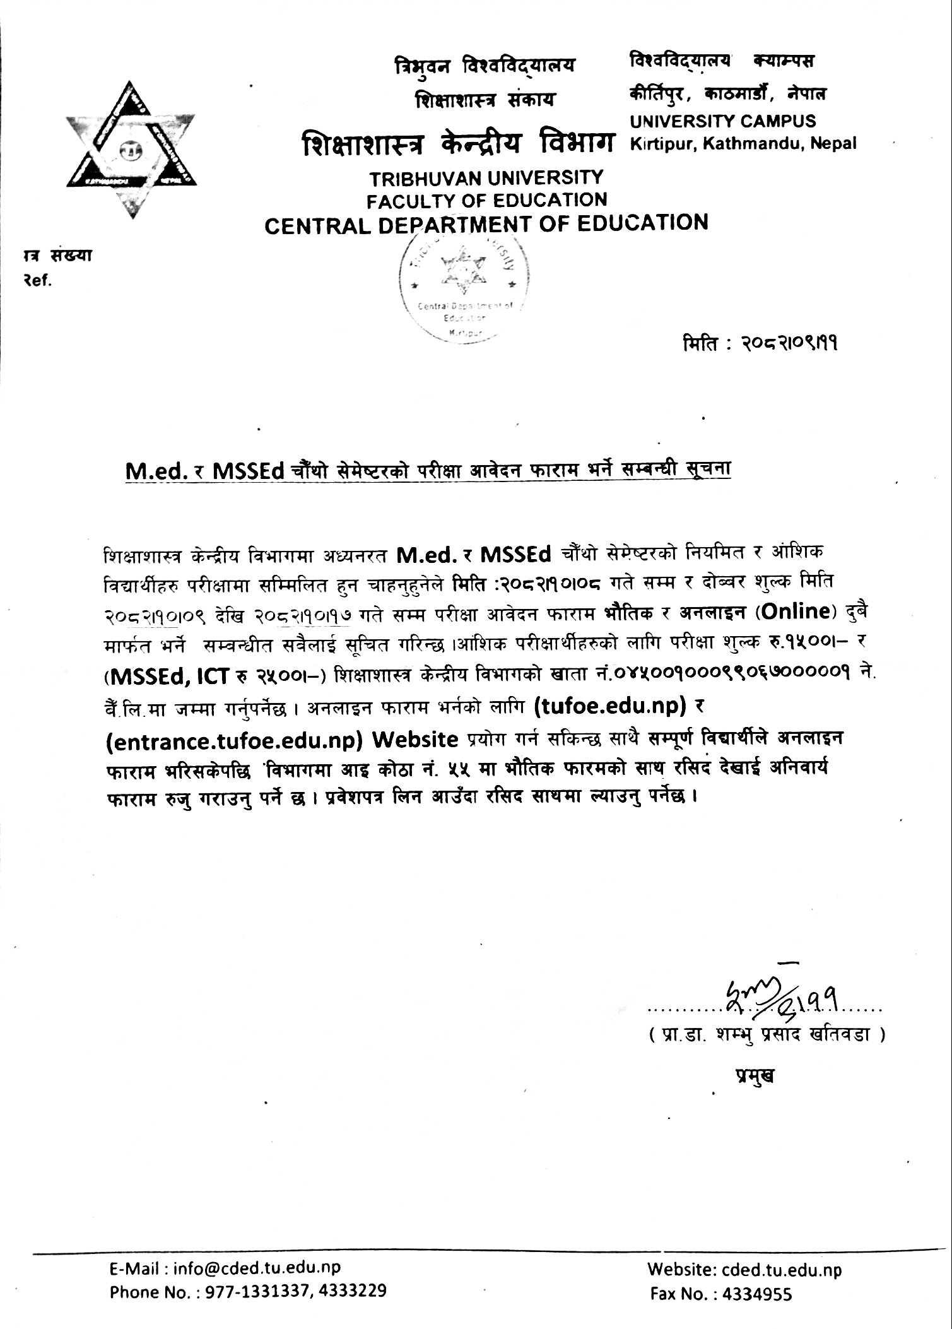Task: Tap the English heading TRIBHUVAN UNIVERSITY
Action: (x=486, y=178)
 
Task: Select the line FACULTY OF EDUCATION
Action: (x=486, y=200)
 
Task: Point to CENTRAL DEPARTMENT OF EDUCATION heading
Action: (x=486, y=223)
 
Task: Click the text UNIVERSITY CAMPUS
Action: (x=722, y=121)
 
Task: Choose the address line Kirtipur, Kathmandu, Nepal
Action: (x=743, y=143)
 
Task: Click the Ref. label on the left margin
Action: (x=35, y=280)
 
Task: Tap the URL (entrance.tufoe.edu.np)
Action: (x=233, y=739)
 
